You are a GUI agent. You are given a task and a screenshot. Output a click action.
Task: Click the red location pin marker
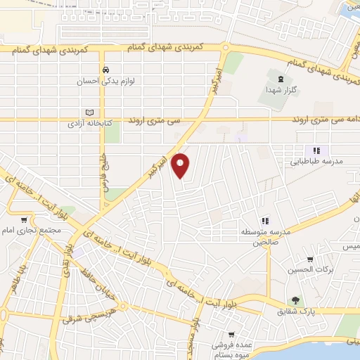(x=181, y=165)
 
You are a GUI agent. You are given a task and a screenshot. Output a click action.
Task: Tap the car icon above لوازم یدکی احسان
(x=105, y=70)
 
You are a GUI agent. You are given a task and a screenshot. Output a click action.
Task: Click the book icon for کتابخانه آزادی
(x=89, y=112)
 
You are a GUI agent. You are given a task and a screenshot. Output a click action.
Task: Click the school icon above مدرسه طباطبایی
(x=316, y=150)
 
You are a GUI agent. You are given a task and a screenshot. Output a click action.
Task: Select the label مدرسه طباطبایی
(x=317, y=161)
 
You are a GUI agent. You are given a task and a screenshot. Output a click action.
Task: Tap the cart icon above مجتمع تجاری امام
(x=25, y=220)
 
